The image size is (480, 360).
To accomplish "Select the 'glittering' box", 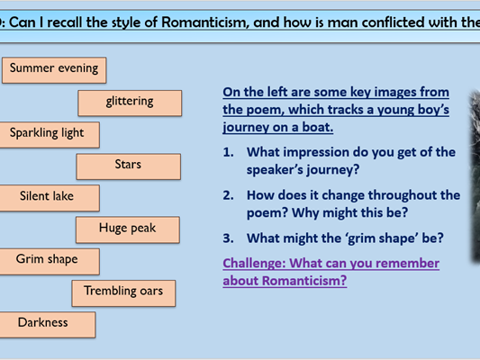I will coord(130,102).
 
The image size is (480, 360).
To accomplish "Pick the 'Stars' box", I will coord(128,166).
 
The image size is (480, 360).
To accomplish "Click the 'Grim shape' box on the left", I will coord(47,261).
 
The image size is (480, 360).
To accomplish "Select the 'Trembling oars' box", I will coord(123,292).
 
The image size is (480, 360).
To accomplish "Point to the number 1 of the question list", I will coord(228,153).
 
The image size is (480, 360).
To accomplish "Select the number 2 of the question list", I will coord(228,195).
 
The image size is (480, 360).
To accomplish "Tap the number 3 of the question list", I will coord(228,238).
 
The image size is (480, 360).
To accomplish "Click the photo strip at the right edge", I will coord(475,175).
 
